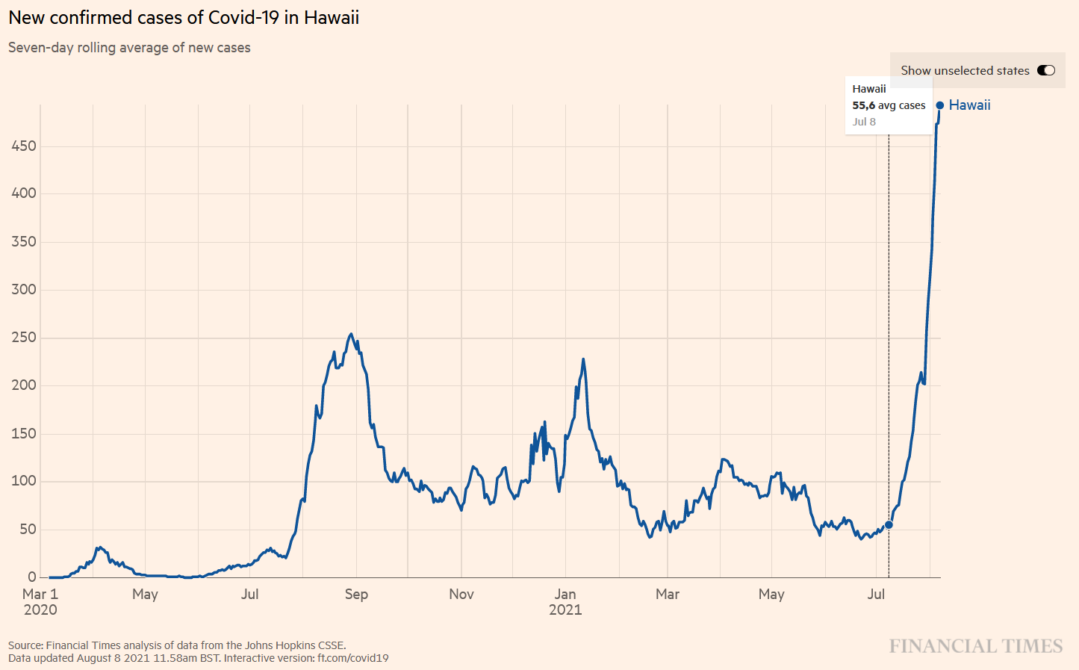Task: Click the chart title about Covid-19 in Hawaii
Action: click(x=184, y=17)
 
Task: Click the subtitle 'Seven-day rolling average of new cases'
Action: click(x=129, y=48)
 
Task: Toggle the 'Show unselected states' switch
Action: click(x=1045, y=70)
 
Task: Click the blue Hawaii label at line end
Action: click(x=969, y=105)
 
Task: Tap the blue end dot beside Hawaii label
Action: click(x=939, y=105)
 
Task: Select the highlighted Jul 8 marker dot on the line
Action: click(x=889, y=524)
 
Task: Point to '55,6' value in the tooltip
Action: click(x=863, y=105)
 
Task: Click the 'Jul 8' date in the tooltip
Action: click(x=864, y=122)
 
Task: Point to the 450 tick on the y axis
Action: click(x=24, y=146)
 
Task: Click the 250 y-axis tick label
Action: click(x=24, y=338)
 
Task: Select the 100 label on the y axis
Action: click(x=24, y=481)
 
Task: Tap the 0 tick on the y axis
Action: click(x=32, y=577)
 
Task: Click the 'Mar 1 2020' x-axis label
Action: click(x=40, y=602)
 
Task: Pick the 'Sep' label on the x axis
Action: click(x=356, y=595)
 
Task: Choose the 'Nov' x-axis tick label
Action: click(x=461, y=595)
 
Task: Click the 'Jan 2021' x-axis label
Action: click(x=565, y=602)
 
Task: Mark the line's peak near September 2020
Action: click(x=351, y=335)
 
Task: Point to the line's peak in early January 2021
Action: click(x=583, y=359)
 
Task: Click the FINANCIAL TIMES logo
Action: click(x=975, y=646)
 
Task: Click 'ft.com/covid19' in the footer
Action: click(x=352, y=658)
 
